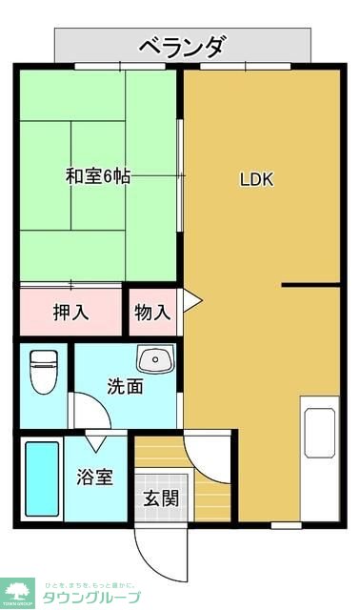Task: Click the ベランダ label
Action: pyautogui.click(x=182, y=45)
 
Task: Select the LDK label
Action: pyautogui.click(x=256, y=178)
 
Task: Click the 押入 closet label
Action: pyautogui.click(x=70, y=312)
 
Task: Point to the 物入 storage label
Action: pyautogui.click(x=152, y=312)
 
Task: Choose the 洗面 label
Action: pyautogui.click(x=125, y=387)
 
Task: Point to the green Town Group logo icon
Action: pyautogui.click(x=19, y=591)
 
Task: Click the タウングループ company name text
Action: pyautogui.click(x=90, y=598)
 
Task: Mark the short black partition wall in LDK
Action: pyautogui.click(x=310, y=285)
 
